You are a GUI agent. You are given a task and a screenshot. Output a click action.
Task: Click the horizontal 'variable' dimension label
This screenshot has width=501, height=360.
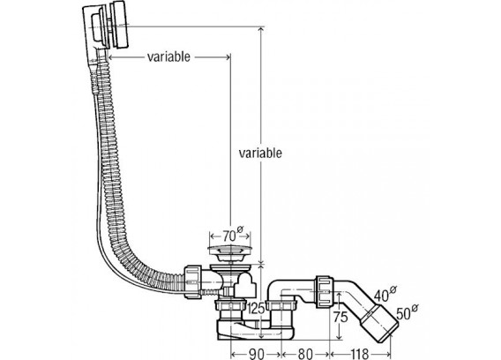(x=168, y=56)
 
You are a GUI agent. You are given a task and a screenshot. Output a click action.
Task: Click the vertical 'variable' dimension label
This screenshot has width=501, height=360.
(x=260, y=154)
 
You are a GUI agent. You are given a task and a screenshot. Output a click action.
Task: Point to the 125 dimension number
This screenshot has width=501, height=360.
(x=257, y=309)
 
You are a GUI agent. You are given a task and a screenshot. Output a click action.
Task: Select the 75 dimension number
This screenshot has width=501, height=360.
(x=340, y=317)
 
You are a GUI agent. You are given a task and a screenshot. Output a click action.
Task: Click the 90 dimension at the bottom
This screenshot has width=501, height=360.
(x=257, y=354)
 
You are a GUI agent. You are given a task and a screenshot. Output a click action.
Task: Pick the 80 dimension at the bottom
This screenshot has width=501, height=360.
(x=305, y=354)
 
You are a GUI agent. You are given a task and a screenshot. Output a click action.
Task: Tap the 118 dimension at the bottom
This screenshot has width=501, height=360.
(x=360, y=354)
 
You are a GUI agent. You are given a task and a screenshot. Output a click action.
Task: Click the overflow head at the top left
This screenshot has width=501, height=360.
(x=106, y=26)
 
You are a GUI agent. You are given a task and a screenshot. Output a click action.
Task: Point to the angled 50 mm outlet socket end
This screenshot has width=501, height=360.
(x=379, y=323)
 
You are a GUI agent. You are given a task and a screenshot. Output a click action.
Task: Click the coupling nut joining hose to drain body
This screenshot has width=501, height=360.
(x=192, y=281)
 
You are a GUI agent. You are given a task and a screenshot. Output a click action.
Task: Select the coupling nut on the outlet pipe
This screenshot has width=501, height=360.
(x=325, y=291)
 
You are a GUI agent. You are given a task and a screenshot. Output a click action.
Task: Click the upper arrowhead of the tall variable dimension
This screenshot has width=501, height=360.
(x=261, y=30)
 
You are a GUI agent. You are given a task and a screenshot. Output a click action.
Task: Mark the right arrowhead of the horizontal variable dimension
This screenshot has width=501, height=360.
(x=228, y=57)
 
